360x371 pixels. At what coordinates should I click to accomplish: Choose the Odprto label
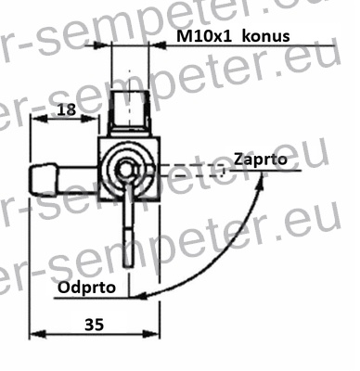88,288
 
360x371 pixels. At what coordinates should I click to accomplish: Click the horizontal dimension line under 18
65,120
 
